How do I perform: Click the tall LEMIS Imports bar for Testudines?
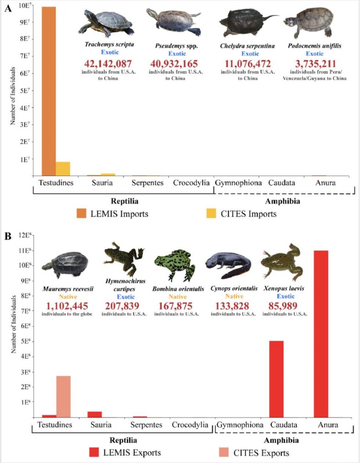click(x=48, y=91)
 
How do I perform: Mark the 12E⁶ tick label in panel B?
click(x=23, y=235)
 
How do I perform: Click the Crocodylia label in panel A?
click(x=191, y=183)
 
